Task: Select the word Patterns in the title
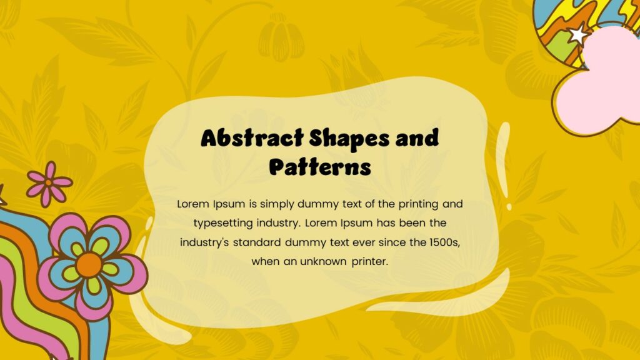(320, 167)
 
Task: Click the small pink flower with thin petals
(49, 183)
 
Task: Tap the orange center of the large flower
(89, 265)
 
